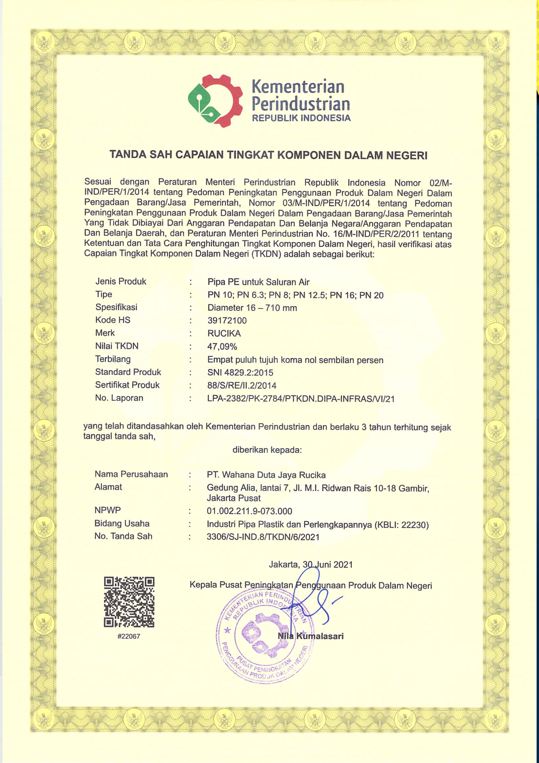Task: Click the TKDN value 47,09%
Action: tap(222, 347)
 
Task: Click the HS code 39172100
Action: tap(227, 320)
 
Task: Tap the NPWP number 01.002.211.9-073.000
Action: tap(250, 511)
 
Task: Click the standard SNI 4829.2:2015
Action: tap(240, 373)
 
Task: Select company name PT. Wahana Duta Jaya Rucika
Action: tap(266, 475)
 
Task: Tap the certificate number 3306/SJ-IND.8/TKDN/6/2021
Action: tap(263, 537)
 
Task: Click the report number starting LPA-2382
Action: tap(301, 398)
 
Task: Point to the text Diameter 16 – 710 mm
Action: tap(252, 308)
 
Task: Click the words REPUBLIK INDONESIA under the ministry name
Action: tap(301, 118)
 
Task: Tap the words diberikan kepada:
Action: tap(267, 450)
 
